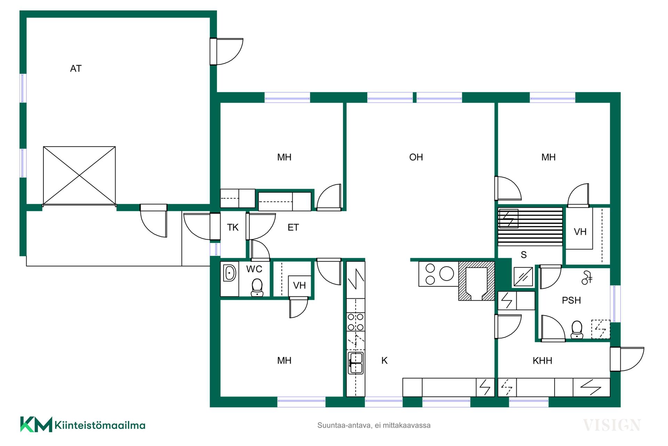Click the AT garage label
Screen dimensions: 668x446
(x=76, y=69)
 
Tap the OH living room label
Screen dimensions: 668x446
(x=416, y=157)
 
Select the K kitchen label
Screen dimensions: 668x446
(x=384, y=361)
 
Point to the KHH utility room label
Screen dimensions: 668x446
(x=542, y=361)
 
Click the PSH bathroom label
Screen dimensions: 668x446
(x=571, y=300)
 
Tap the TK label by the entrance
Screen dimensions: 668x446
(x=233, y=228)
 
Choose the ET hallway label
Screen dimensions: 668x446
(x=293, y=228)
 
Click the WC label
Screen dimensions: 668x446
(x=254, y=269)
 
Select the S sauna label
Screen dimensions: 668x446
(x=524, y=255)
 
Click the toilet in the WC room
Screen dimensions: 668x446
(x=257, y=287)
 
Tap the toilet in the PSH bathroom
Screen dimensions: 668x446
(x=577, y=330)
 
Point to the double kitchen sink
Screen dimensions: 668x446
(x=356, y=363)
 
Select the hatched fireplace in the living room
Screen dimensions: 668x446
(x=476, y=281)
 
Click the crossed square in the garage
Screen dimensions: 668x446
(x=79, y=176)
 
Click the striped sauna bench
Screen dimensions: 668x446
(x=530, y=227)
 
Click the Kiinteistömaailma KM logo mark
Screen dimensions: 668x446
(x=36, y=424)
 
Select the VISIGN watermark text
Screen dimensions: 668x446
(x=612, y=425)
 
